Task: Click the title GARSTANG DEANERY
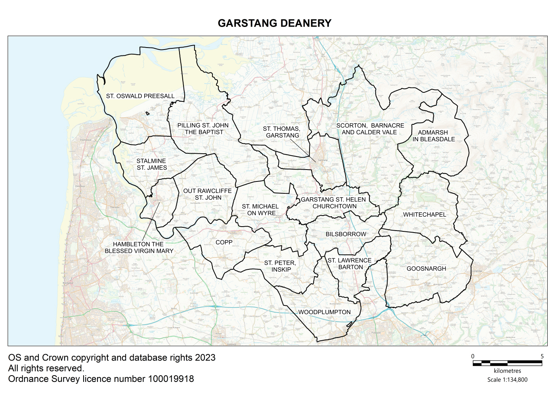tap(274, 23)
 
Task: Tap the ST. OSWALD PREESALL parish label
tap(140, 96)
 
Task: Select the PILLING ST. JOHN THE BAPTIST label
tap(203, 129)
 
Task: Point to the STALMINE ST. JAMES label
tap(151, 164)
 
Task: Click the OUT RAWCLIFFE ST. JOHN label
tap(208, 194)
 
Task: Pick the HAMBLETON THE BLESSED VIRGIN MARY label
tap(139, 248)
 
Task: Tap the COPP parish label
tap(224, 242)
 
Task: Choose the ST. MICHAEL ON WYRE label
tap(260, 210)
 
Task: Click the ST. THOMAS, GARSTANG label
tap(282, 132)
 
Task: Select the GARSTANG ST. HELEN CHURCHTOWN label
tap(334, 203)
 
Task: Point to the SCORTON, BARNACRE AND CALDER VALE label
tap(370, 129)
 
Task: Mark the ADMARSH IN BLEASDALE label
tap(434, 136)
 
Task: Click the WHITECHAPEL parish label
tap(424, 214)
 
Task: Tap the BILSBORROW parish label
tap(346, 234)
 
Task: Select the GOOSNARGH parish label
tap(426, 269)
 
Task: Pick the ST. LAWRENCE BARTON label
tap(350, 263)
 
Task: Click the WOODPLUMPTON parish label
tap(325, 312)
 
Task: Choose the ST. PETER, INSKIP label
tap(280, 266)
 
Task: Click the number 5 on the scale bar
tap(542, 356)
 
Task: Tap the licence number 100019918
tap(171, 379)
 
